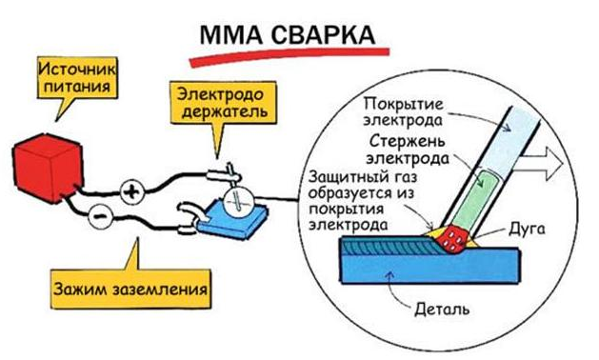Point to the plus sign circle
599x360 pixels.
tap(130, 194)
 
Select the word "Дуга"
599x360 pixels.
tap(524, 230)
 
